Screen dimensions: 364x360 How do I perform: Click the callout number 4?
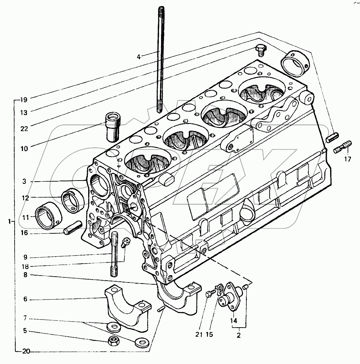[139, 56]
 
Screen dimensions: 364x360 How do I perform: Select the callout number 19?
[24, 99]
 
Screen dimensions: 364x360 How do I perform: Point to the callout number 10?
[24, 149]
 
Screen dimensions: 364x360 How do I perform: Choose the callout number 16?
[24, 233]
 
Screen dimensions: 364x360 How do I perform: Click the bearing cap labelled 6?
[126, 306]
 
